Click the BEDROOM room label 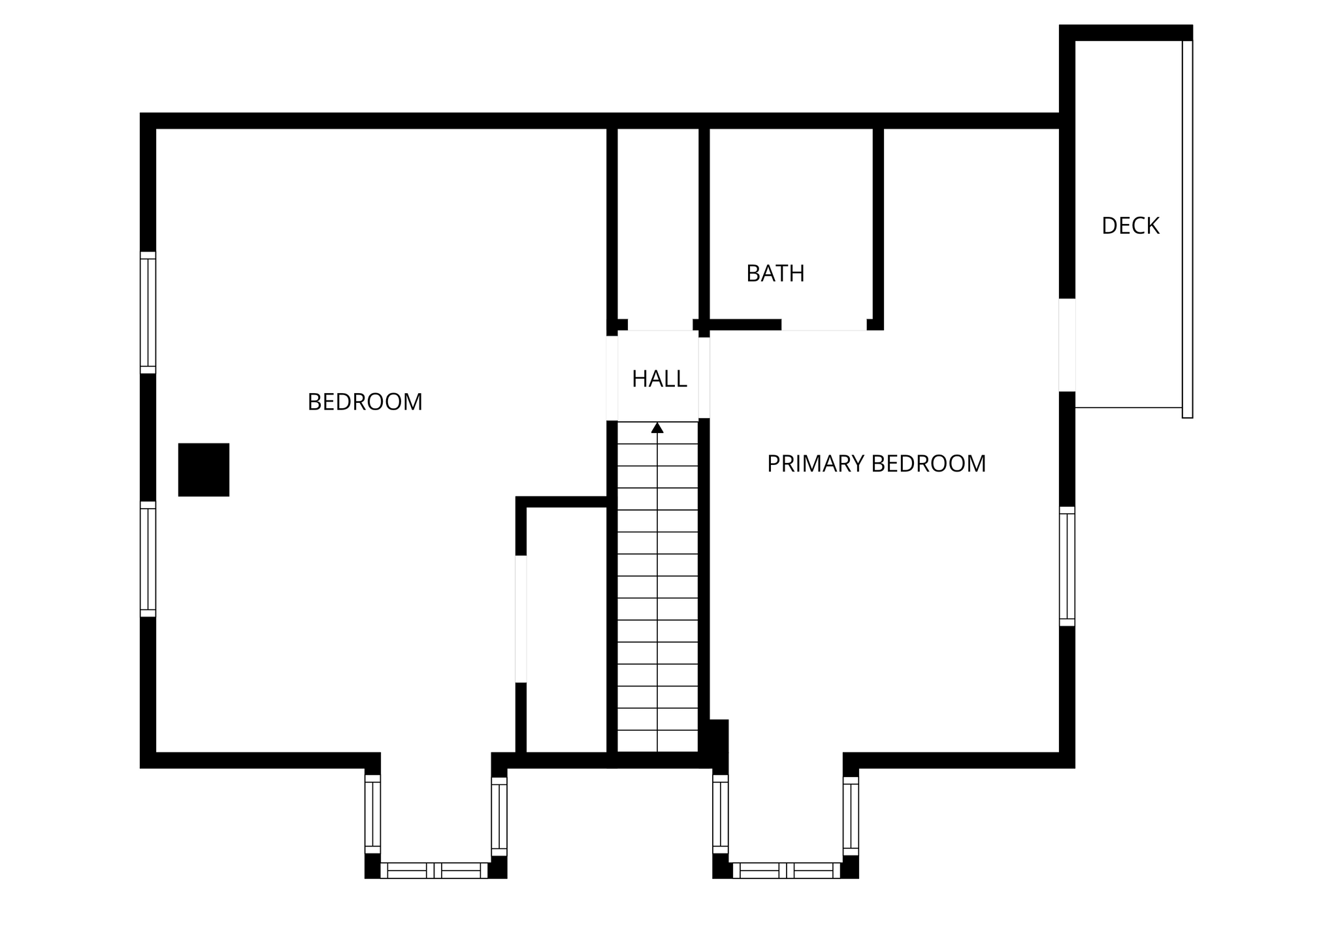pos(365,402)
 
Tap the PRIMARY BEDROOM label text pos(876,464)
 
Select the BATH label pos(775,274)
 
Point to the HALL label pos(659,379)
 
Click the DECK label pos(1130,226)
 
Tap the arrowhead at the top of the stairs pos(657,428)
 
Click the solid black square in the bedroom pos(204,470)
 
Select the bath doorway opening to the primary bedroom pos(824,325)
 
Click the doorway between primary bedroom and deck pos(1067,345)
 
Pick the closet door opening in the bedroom pos(521,618)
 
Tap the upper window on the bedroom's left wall pos(148,313)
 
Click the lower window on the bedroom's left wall pos(148,559)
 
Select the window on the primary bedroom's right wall pos(1067,566)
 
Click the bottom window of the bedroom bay pos(434,871)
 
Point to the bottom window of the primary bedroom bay pos(786,871)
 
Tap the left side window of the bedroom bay pos(372,814)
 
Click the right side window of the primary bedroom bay pos(851,816)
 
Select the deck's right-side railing pos(1187,229)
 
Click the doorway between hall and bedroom pos(612,378)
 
